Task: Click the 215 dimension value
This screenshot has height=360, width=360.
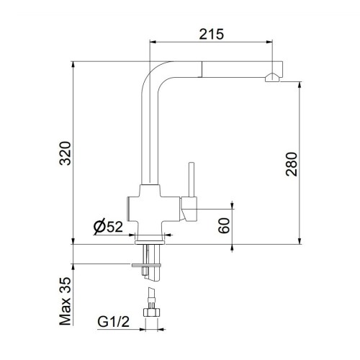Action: pyautogui.click(x=212, y=33)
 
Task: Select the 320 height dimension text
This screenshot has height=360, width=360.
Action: pyautogui.click(x=64, y=153)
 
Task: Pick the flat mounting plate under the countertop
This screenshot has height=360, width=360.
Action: pyautogui.click(x=148, y=265)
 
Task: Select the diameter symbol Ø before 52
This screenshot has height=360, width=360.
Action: pyautogui.click(x=98, y=228)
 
